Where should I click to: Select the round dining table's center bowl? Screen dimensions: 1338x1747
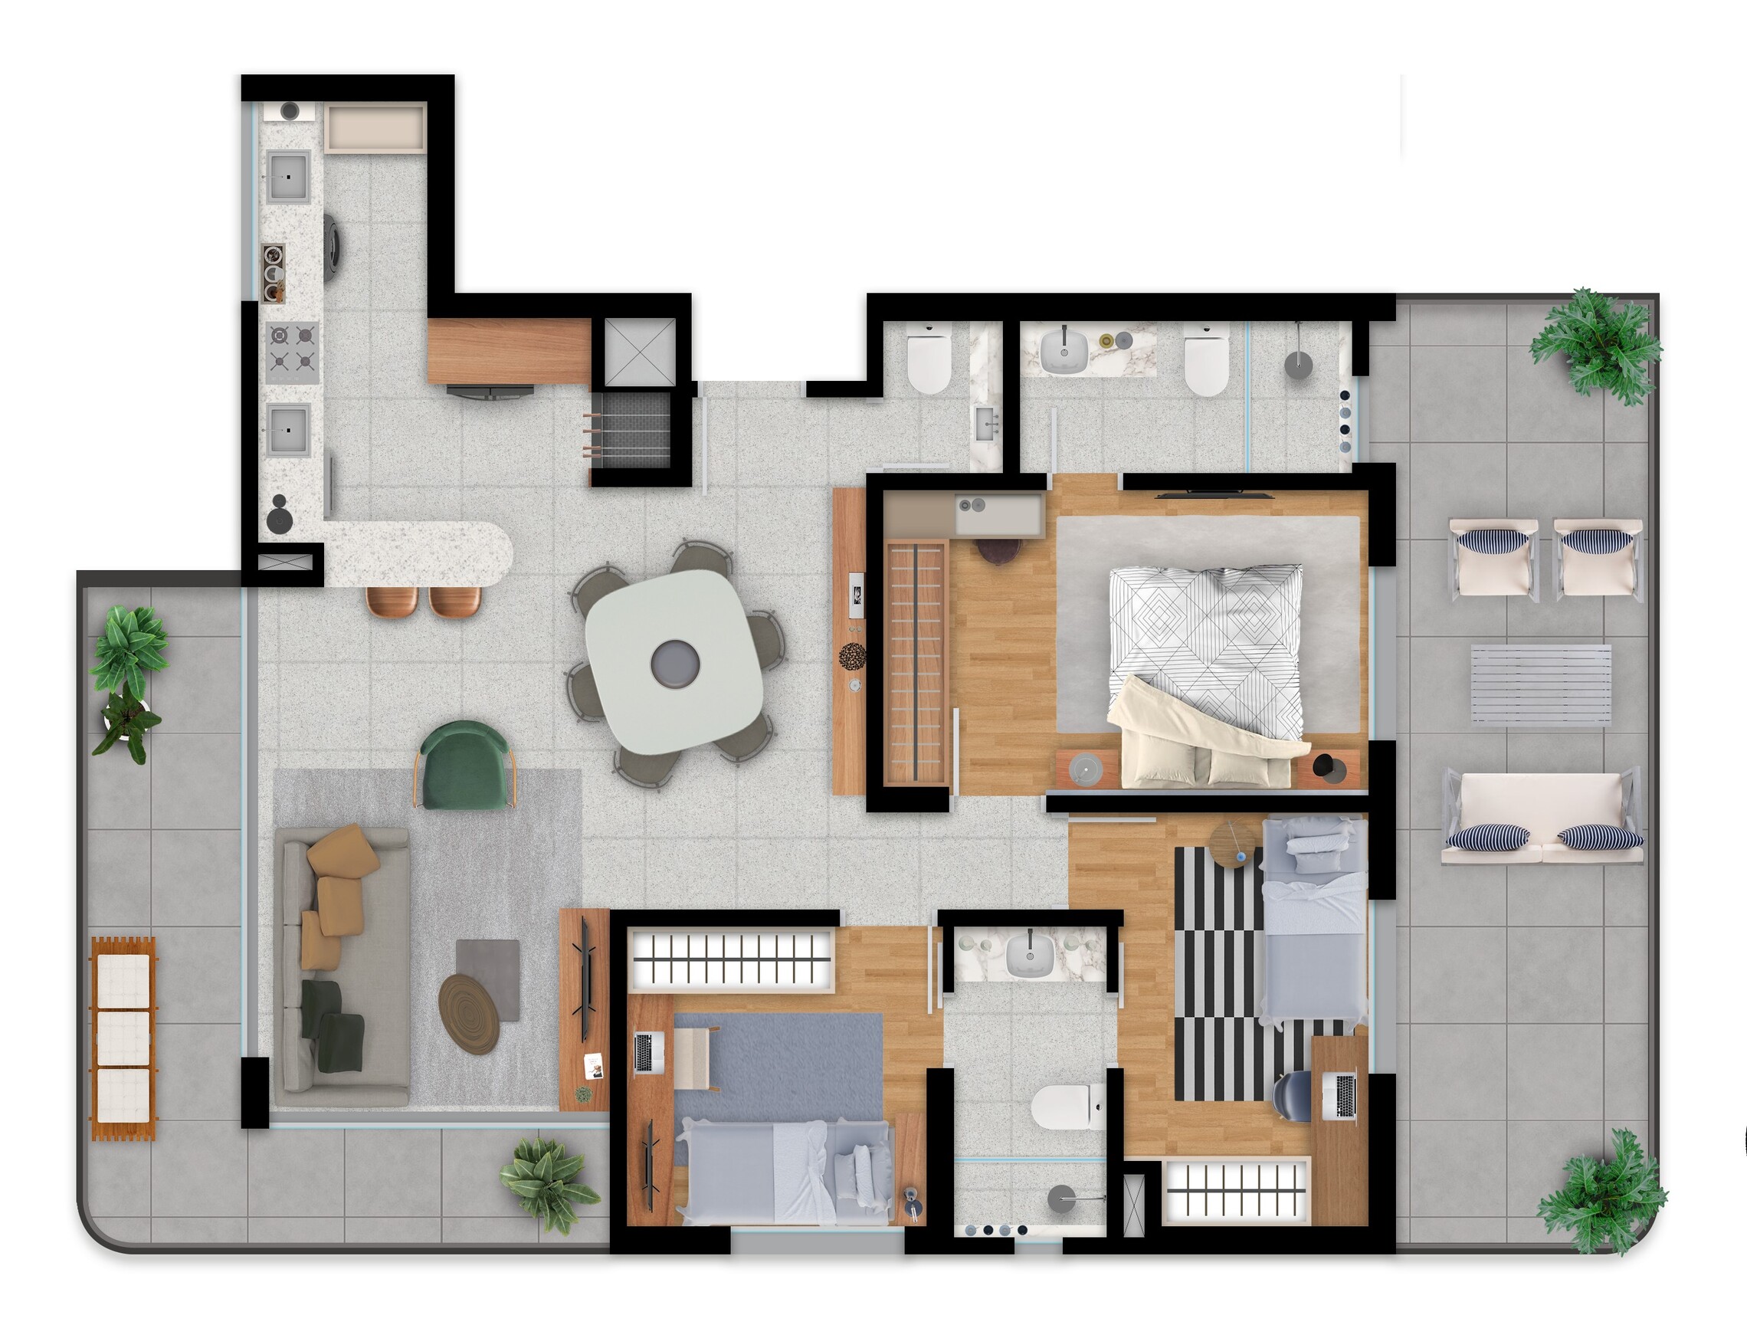point(675,663)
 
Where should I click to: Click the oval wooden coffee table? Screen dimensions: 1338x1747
point(469,1013)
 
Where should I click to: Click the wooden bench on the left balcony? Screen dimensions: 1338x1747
point(123,1039)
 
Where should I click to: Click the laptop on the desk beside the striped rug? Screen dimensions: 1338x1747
point(1345,1095)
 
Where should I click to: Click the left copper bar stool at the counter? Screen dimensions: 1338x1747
point(392,602)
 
